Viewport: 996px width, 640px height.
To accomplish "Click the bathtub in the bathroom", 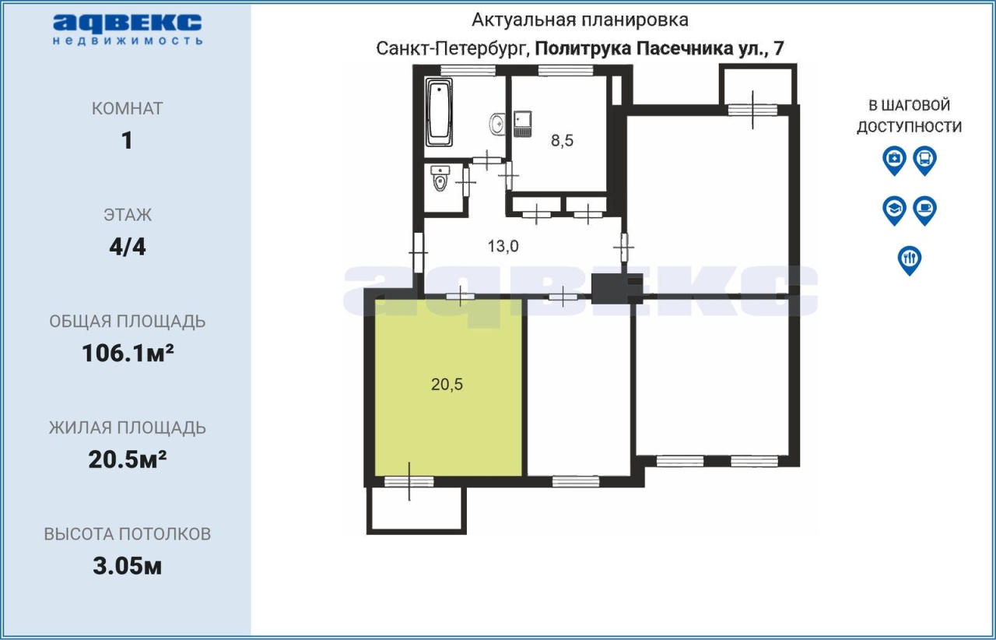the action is tap(439, 111).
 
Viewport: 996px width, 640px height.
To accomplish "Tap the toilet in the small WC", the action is tap(440, 178).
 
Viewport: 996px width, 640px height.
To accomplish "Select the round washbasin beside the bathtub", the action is tap(497, 123).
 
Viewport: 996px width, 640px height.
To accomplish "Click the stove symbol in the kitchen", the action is tap(522, 123).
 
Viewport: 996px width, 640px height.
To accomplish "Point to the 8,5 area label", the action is tap(562, 141).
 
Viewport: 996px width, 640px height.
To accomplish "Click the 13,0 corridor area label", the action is tap(503, 246).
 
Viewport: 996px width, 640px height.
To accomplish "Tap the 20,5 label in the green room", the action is tap(447, 384).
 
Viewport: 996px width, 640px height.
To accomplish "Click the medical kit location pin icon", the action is tap(894, 160).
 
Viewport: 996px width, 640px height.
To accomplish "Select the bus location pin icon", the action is tap(925, 160).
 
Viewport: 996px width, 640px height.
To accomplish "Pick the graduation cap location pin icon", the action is tap(894, 210).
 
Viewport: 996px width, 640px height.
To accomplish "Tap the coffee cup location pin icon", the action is tap(925, 210).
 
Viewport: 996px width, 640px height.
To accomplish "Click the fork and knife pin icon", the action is tap(910, 260).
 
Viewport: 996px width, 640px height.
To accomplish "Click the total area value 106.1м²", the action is tap(128, 353).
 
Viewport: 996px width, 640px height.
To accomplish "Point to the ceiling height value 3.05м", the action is tap(127, 566).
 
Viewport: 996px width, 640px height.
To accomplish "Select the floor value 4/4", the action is tap(128, 247).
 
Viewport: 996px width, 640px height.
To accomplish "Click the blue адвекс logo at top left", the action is tap(128, 30).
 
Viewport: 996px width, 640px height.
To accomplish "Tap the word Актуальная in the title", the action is tap(524, 20).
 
